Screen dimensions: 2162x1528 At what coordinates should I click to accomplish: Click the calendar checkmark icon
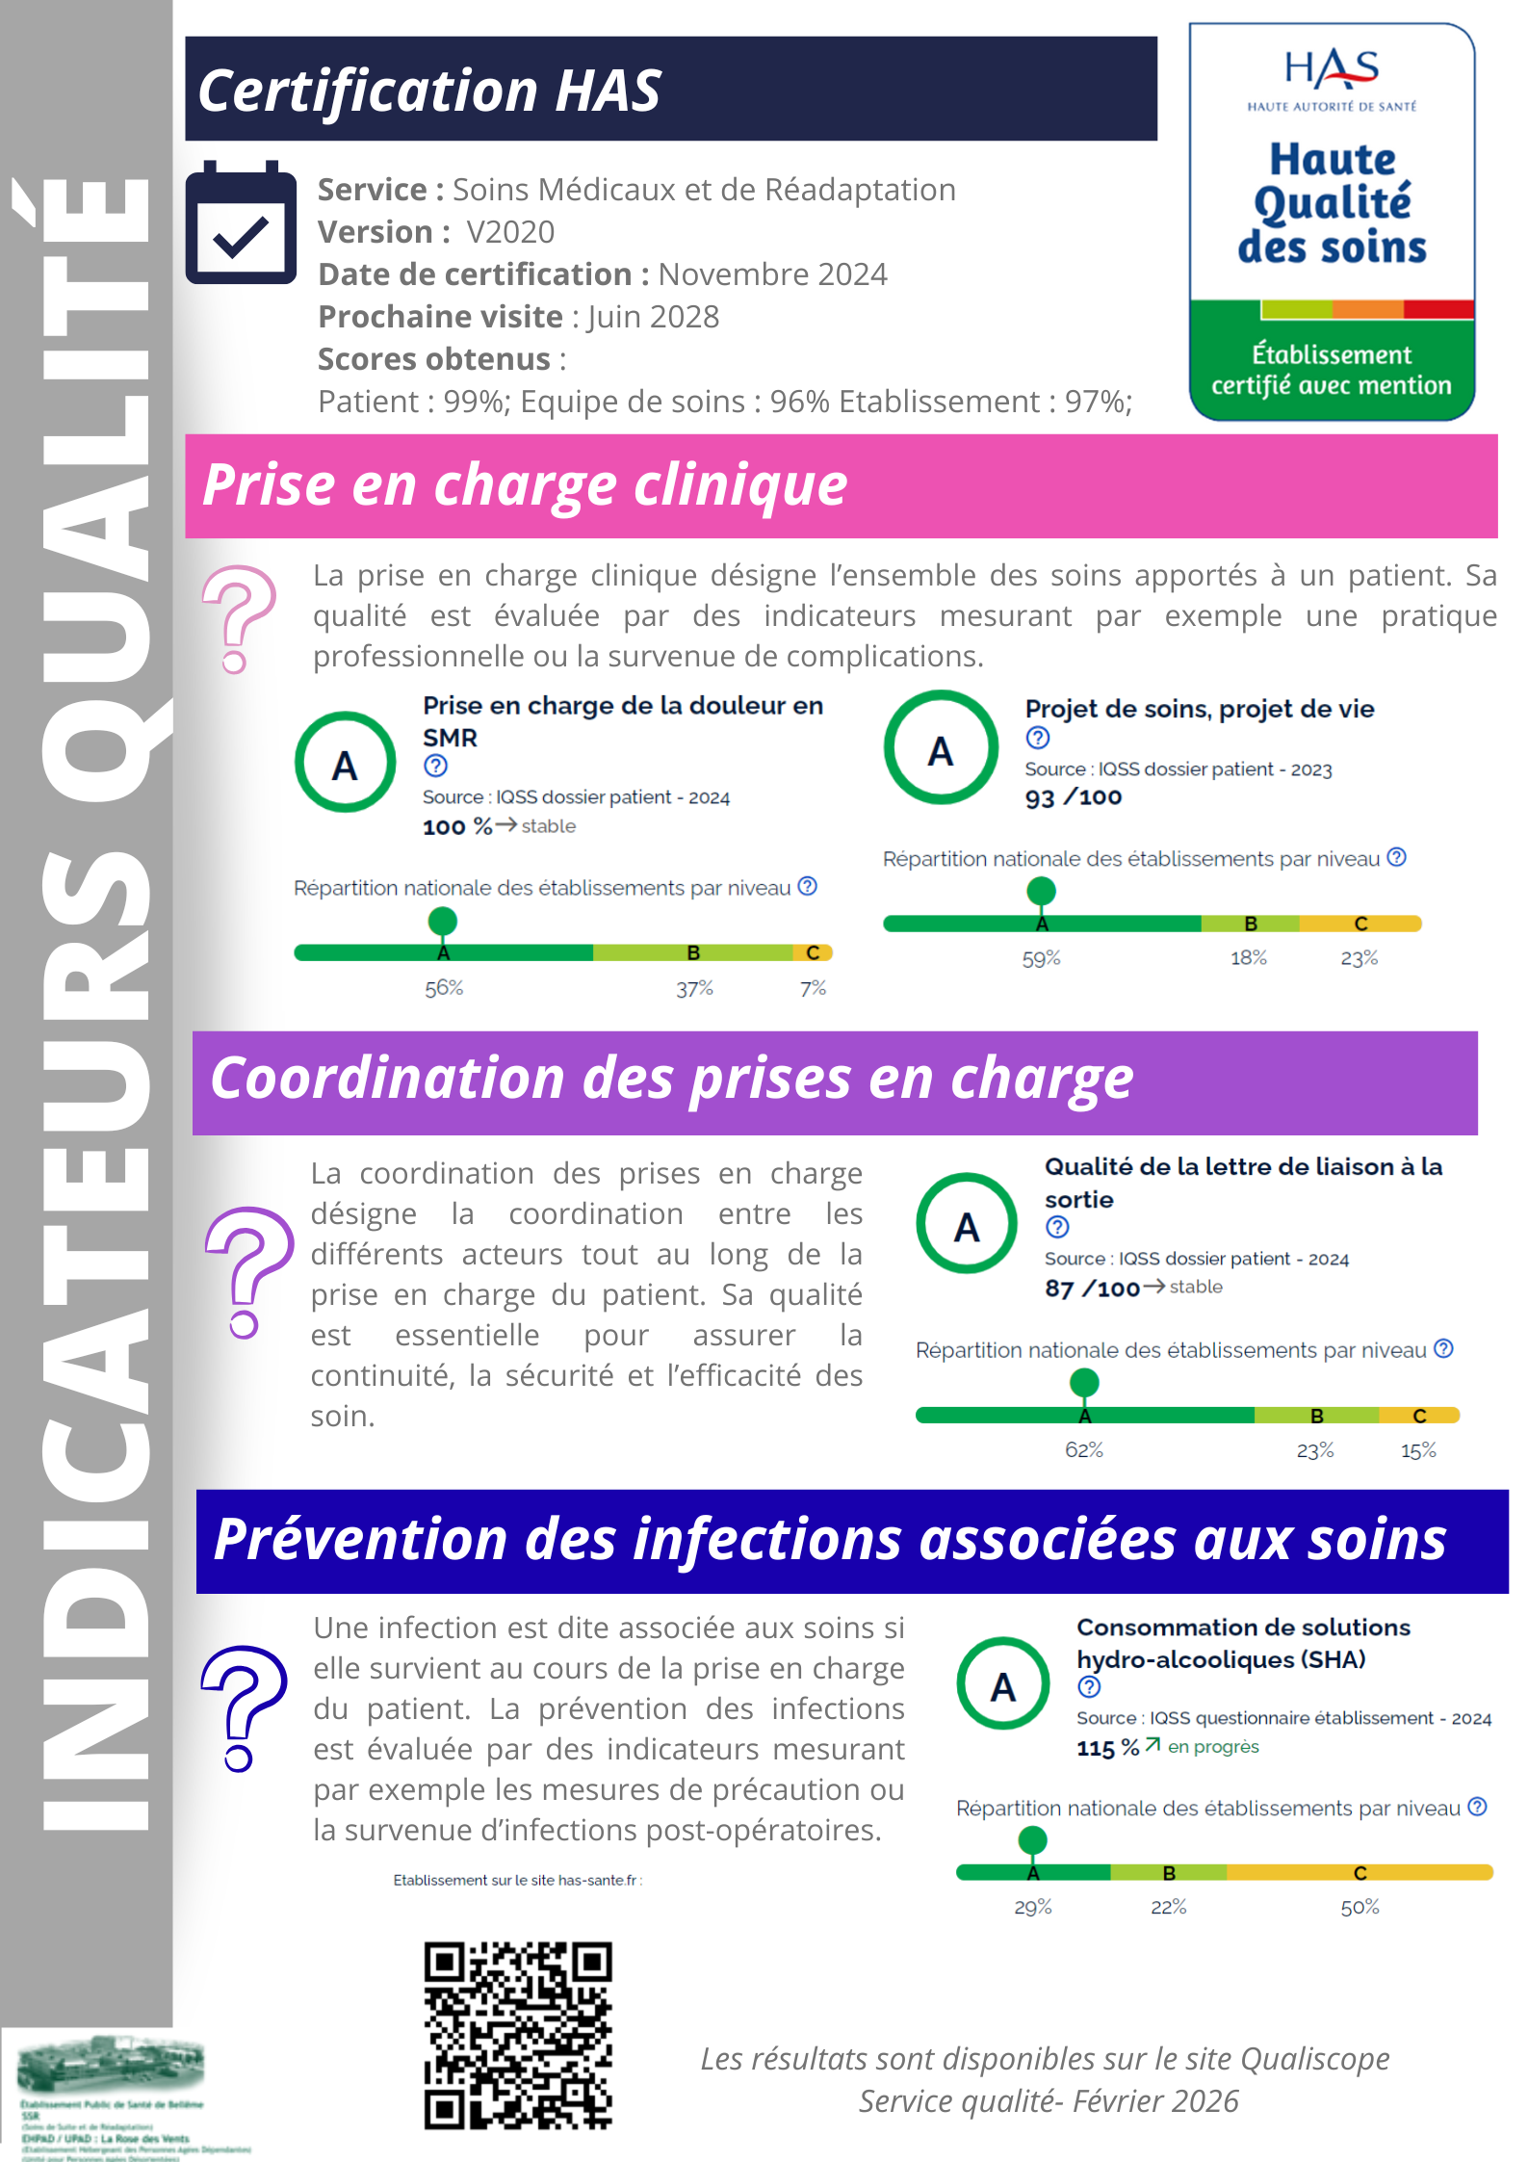(x=241, y=223)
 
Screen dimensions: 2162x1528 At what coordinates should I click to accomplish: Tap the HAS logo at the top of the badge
(x=1332, y=69)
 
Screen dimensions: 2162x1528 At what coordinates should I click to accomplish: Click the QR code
(x=518, y=2035)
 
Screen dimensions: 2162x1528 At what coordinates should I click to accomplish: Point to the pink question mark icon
(x=238, y=618)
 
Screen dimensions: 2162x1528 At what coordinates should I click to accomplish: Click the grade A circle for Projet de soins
(x=941, y=748)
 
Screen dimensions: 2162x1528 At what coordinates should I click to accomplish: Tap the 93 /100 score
(x=1073, y=797)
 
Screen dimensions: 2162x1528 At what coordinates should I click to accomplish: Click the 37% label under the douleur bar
(x=694, y=989)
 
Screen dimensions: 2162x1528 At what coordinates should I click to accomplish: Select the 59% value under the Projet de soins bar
(x=1041, y=959)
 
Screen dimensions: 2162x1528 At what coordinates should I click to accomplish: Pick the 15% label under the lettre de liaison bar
(x=1418, y=1451)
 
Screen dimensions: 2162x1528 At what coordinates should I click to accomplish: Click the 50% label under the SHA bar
(x=1360, y=1908)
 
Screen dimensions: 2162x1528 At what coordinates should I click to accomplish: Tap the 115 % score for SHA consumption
(x=1107, y=1748)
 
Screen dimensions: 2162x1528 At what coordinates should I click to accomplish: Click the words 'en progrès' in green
(x=1213, y=1747)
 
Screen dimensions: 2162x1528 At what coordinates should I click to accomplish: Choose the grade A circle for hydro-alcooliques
(x=1002, y=1684)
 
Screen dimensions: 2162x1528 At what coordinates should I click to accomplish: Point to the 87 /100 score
(x=1092, y=1289)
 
